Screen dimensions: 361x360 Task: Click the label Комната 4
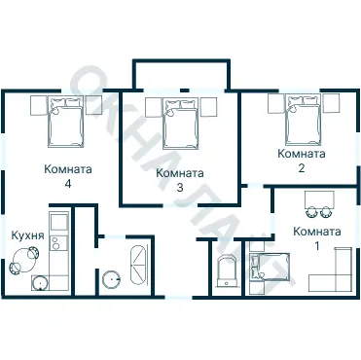68,176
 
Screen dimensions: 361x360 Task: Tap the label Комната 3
180,180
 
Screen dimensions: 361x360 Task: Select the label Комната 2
302,161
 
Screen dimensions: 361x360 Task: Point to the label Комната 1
317,238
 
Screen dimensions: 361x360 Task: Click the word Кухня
28,235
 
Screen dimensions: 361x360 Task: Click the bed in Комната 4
66,122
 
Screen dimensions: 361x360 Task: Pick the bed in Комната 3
180,124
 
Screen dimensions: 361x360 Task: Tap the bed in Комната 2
302,120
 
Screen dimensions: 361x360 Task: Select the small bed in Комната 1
270,266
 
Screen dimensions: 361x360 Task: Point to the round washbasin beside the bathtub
111,279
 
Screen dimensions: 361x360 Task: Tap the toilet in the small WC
227,271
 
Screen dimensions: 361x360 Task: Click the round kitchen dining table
22,260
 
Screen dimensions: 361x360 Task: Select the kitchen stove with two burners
58,242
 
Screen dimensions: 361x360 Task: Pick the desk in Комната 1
319,200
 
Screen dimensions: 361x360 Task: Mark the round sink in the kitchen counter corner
40,283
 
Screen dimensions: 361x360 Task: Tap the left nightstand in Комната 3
154,107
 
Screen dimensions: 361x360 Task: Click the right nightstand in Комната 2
331,103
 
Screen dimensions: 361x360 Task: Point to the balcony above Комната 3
182,75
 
